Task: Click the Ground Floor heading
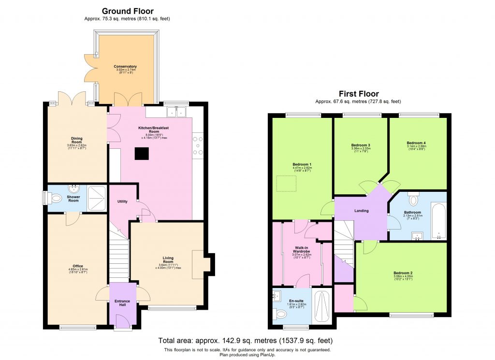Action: pos(127,11)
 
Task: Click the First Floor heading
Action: pos(358,94)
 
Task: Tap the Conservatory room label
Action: pos(125,67)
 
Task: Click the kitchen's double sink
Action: pos(177,112)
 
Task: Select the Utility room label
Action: pos(122,201)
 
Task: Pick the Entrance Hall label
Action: pos(122,303)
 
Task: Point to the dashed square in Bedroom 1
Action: pos(285,184)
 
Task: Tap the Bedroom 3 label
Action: pos(361,145)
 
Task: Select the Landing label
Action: pos(361,211)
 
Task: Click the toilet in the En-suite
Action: pos(280,314)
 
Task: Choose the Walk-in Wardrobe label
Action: pos(301,250)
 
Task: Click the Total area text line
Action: pos(246,341)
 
